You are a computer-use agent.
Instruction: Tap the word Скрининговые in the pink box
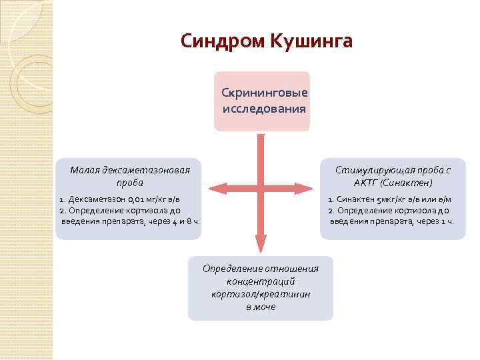coord(261,93)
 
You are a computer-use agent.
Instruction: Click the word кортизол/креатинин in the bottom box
coord(261,293)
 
